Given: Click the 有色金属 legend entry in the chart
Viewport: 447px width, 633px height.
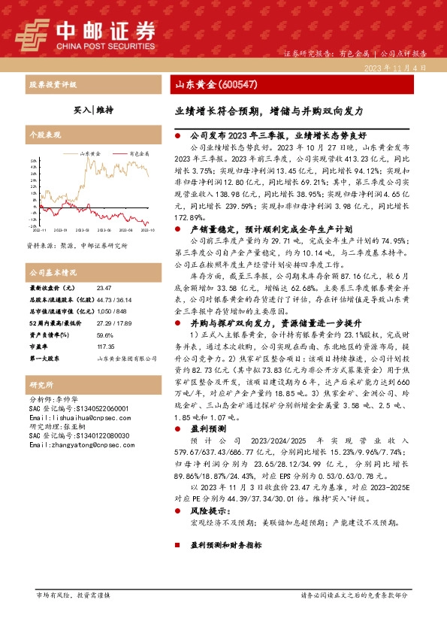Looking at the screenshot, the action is (139, 153).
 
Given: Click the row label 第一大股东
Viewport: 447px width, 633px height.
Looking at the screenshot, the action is (44, 338).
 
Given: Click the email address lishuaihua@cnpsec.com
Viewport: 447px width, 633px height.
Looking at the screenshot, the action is (71, 416).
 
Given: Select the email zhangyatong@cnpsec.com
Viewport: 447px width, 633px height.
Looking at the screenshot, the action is (74, 445).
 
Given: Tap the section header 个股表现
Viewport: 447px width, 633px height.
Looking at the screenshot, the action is (44, 135).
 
